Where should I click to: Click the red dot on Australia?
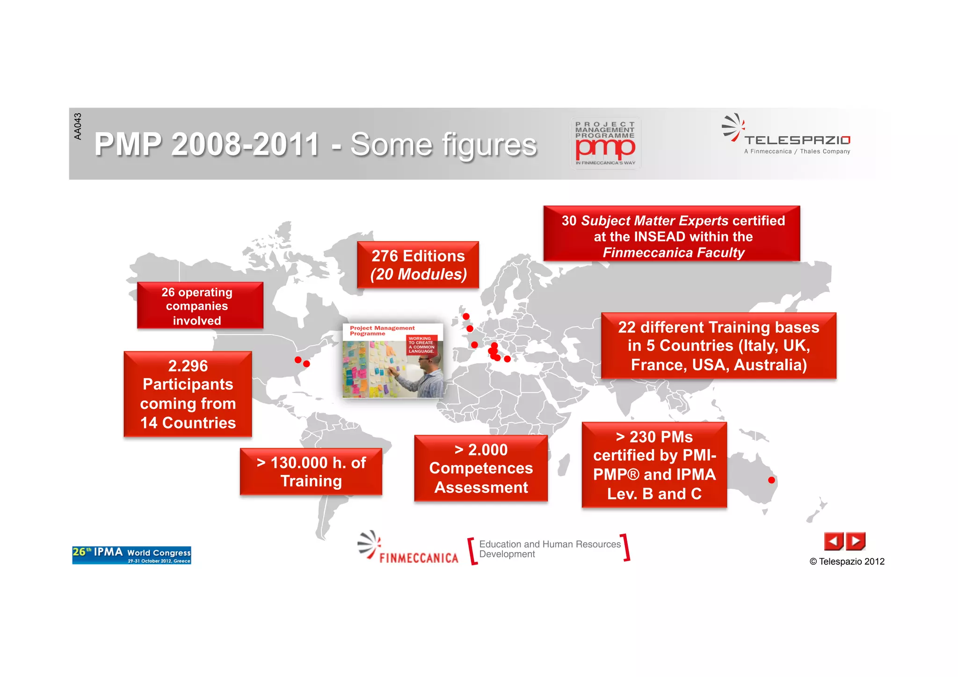tap(771, 480)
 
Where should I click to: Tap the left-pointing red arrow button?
tap(833, 541)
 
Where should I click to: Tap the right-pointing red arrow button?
tap(856, 541)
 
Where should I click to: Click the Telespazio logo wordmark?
tap(797, 140)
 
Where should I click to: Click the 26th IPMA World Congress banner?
tap(131, 555)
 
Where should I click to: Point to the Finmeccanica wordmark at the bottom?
tap(419, 558)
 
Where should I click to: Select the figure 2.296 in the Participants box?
tap(188, 366)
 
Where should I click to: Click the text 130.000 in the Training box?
tap(299, 463)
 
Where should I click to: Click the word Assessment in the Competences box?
tap(481, 488)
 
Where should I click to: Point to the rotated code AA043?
tap(78, 126)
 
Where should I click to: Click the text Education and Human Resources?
tap(550, 544)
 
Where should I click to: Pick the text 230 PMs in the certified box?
tap(660, 437)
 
